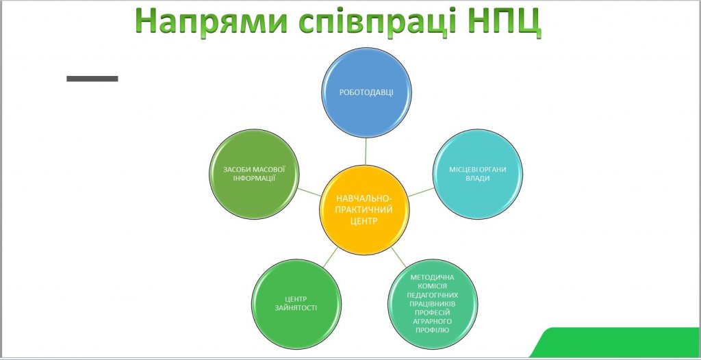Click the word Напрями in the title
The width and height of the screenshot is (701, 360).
point(211,21)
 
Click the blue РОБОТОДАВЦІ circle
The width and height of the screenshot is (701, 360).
point(367,92)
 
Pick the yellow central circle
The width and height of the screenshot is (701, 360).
point(364,209)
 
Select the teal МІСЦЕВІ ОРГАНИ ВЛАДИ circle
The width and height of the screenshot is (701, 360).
point(478,174)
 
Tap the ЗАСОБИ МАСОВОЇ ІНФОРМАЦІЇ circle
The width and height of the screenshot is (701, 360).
point(254,174)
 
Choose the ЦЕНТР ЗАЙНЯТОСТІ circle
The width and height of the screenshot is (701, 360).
point(296,304)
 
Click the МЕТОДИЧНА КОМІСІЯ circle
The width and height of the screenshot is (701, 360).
point(433,304)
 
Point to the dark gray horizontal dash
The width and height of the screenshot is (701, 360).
point(92,79)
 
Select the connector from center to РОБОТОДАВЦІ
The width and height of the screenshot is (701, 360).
point(366,151)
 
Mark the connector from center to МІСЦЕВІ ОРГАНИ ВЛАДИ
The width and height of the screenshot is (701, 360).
point(421,192)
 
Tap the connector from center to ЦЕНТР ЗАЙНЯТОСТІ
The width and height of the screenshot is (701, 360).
point(330,257)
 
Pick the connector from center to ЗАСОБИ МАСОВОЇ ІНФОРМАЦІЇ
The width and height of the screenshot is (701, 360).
point(309,192)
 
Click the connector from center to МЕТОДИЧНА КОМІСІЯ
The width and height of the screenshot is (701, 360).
point(399,257)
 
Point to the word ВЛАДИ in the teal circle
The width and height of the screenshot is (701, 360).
point(478,179)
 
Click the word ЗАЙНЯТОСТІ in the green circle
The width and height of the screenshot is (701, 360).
point(296,308)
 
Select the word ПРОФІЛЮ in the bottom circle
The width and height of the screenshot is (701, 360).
point(433,330)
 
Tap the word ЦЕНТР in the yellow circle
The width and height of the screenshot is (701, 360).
point(364,220)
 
